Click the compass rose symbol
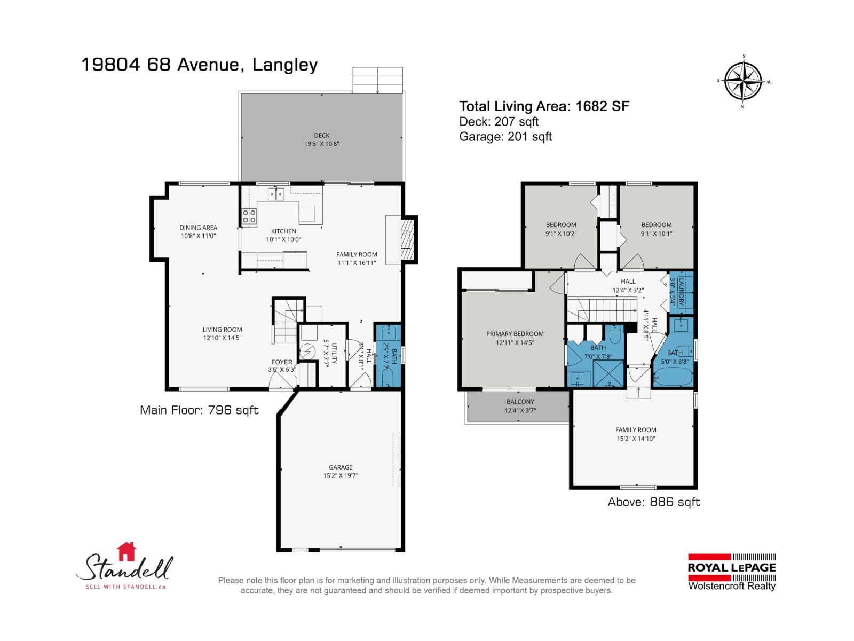pos(744,82)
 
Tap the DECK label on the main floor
pos(322,135)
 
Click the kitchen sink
pos(275,193)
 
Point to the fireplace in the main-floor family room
pos(408,239)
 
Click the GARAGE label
pos(341,467)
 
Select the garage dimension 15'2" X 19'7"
pos(341,475)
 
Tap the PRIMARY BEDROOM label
pos(515,334)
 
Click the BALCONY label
pos(520,402)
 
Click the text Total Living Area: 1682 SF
pos(544,106)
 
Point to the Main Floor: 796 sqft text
pos(199,410)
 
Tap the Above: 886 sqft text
pos(654,502)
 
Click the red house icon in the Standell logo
pos(126,551)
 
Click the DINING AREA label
pos(198,228)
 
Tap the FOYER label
pos(282,362)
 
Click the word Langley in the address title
pos(284,65)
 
